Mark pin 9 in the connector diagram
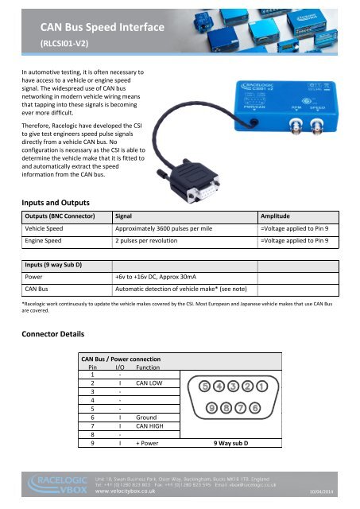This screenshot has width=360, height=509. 212,409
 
